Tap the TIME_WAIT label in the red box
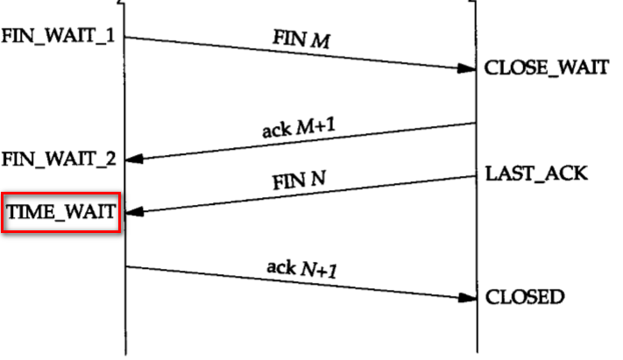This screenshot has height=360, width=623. click(60, 211)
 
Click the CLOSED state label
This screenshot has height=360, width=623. click(525, 297)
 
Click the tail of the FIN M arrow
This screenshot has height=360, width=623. click(127, 37)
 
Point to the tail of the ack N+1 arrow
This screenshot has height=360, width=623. click(127, 266)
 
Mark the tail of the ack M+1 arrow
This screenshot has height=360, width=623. click(477, 124)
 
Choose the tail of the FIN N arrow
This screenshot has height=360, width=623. click(477, 176)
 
